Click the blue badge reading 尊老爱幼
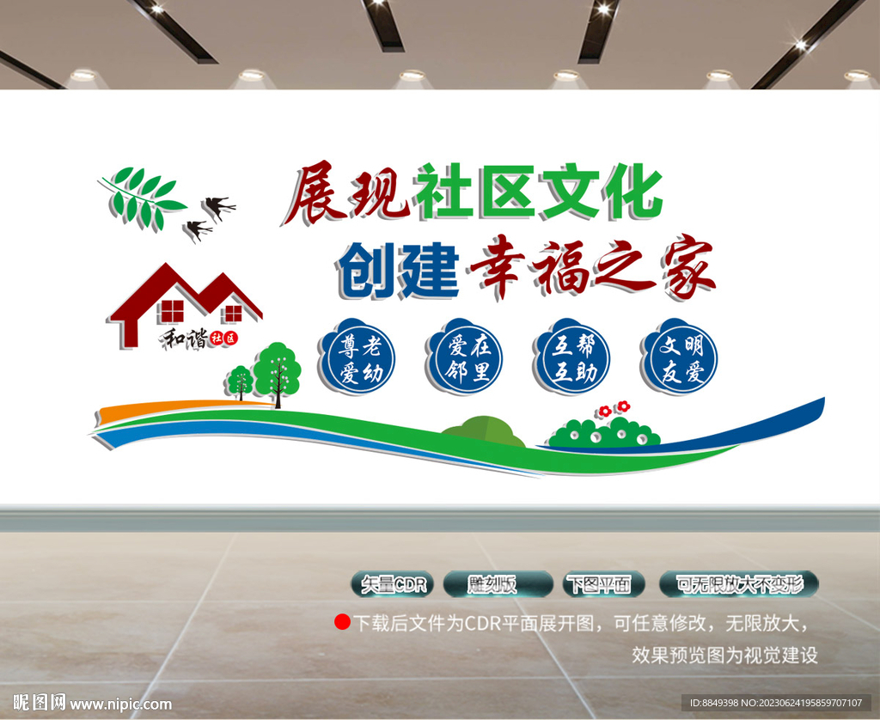(357, 357)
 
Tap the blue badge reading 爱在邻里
(465, 357)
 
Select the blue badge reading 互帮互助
(571, 357)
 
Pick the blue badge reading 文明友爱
(680, 357)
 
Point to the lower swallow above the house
(199, 230)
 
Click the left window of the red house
(172, 311)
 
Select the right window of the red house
(232, 314)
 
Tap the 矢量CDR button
(394, 585)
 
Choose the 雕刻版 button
(498, 585)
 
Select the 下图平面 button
(603, 585)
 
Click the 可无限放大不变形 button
(738, 585)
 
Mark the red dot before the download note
(342, 622)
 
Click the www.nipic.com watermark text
(120, 705)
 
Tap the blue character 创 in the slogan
(366, 270)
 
